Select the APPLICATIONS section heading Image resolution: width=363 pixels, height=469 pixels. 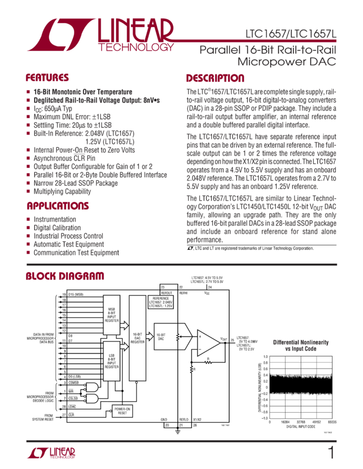point(57,206)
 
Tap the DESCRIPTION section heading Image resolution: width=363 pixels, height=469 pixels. point(215,78)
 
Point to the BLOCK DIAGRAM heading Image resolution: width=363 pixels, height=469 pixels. point(65,276)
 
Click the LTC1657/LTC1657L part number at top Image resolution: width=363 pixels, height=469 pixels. point(291,34)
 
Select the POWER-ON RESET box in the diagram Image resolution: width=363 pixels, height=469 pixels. point(122,411)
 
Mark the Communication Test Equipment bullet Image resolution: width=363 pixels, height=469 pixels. point(76,252)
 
